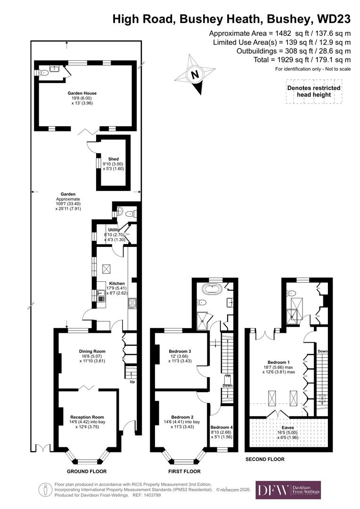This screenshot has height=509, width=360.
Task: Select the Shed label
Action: click(x=113, y=159)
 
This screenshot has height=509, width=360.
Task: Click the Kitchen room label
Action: click(x=117, y=283)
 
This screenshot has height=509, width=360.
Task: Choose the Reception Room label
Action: click(x=87, y=417)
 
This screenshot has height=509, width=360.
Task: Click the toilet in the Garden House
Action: click(x=44, y=73)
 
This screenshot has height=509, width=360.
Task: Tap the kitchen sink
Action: click(x=101, y=296)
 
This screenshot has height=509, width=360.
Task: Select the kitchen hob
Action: click(x=132, y=304)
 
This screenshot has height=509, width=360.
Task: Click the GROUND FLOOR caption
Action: click(x=87, y=471)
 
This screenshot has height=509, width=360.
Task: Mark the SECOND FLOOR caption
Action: click(x=265, y=459)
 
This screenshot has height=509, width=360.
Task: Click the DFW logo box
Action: click(x=288, y=490)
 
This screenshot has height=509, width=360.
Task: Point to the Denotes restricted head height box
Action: click(x=314, y=91)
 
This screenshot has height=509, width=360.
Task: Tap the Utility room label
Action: click(x=114, y=230)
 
